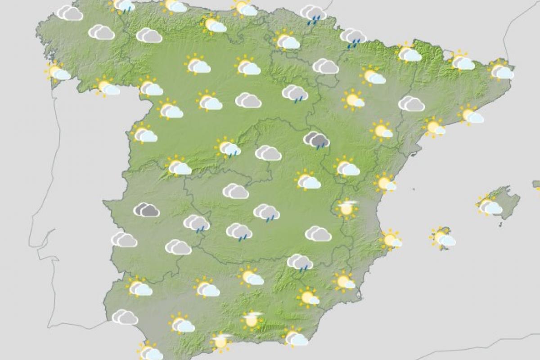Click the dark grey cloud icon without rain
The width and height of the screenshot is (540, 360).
point(147,210)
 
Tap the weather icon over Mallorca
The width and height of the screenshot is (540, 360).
point(489,206)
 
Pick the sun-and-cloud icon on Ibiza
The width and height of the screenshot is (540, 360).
point(442,238)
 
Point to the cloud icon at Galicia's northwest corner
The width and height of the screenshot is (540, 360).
point(70,13)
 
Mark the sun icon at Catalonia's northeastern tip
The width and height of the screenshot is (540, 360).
point(501,70)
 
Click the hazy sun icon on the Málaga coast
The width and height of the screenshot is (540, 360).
point(221,341)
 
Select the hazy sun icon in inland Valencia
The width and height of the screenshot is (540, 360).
point(347,208)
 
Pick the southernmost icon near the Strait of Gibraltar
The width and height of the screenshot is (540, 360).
point(150,351)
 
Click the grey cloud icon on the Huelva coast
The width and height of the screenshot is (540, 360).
point(125,317)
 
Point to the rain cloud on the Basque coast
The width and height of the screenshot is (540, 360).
point(313,13)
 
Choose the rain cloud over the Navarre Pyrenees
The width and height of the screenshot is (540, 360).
point(353,36)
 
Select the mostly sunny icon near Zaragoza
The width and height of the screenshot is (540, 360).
point(353,99)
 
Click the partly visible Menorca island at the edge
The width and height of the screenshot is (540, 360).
point(536,185)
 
